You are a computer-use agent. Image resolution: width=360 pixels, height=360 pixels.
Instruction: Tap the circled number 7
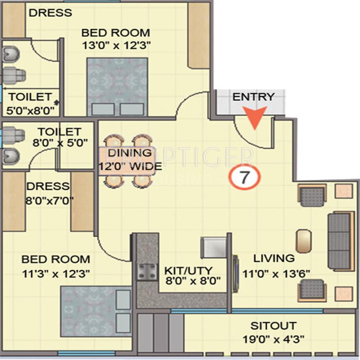pyautogui.click(x=243, y=178)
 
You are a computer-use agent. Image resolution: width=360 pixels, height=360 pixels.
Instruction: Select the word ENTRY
pyautogui.click(x=253, y=97)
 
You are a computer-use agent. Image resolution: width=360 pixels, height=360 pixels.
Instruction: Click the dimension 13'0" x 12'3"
pyautogui.click(x=116, y=45)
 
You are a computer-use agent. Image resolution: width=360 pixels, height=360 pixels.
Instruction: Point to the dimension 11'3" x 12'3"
pyautogui.click(x=56, y=273)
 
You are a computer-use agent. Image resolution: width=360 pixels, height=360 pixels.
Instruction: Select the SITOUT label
pyautogui.click(x=274, y=325)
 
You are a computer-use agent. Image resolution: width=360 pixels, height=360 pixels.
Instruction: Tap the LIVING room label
pyautogui.click(x=274, y=258)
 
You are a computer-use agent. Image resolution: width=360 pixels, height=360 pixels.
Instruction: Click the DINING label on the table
pyautogui.click(x=130, y=153)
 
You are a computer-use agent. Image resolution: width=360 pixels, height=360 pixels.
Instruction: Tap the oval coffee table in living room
pyautogui.click(x=304, y=241)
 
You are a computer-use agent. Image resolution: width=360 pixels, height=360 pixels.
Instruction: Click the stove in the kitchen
pyautogui.click(x=147, y=271)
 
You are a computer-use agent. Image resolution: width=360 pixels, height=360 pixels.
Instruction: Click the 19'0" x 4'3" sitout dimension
pyautogui.click(x=274, y=338)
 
